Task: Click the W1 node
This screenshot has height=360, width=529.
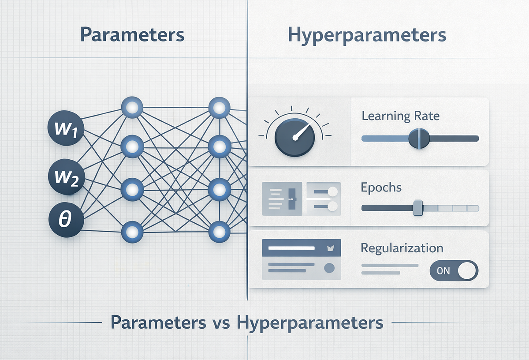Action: click(66, 128)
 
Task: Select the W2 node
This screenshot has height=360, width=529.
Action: click(67, 176)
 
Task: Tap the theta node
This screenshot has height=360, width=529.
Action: click(66, 220)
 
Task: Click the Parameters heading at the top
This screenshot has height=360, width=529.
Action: click(132, 35)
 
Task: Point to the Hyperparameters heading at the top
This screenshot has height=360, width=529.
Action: click(367, 35)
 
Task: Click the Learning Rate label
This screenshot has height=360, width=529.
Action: click(401, 116)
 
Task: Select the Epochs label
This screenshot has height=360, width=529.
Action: click(381, 188)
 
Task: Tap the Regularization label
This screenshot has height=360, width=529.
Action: click(402, 248)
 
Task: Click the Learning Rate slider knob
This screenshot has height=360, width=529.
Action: click(419, 139)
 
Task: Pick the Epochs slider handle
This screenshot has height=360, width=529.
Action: click(418, 208)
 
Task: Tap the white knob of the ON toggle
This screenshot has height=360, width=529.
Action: click(467, 270)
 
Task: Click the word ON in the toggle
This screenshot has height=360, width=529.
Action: click(443, 271)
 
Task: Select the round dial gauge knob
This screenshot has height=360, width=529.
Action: click(294, 137)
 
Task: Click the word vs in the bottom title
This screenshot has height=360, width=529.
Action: click(222, 323)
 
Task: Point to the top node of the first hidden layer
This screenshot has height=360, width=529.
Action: click(132, 108)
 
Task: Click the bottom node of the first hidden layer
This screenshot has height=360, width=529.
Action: click(132, 232)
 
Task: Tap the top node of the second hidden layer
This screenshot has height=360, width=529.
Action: click(220, 108)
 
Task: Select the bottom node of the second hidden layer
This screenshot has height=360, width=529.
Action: click(220, 232)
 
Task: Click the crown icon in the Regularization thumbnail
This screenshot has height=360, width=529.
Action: click(330, 248)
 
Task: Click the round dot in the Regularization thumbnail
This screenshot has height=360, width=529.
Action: click(329, 268)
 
